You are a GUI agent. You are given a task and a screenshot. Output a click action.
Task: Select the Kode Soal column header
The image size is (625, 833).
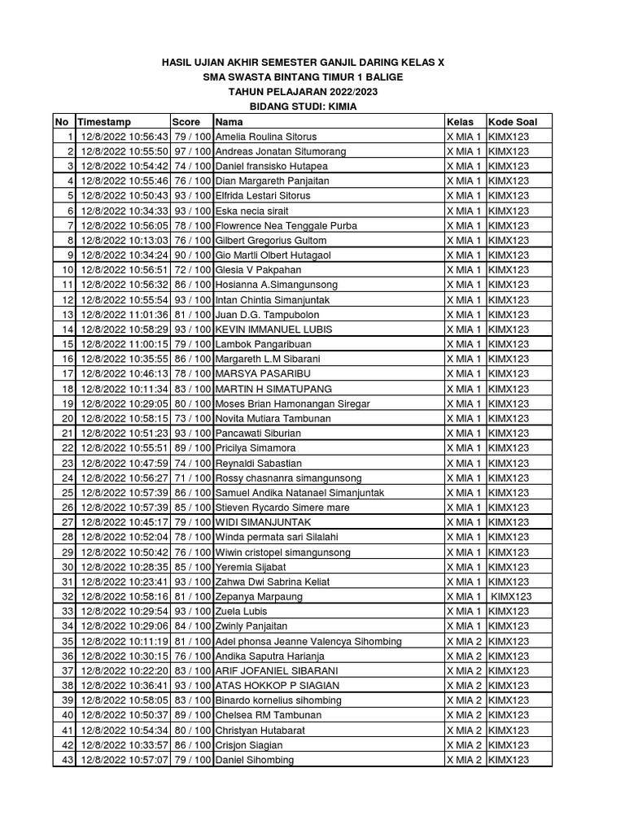click(x=512, y=122)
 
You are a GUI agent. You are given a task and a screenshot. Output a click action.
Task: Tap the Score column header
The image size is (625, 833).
click(x=186, y=122)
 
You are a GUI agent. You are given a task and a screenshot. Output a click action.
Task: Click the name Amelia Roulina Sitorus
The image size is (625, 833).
click(x=265, y=137)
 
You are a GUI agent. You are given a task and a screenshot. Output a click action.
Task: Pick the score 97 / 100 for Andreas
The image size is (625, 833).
click(x=192, y=151)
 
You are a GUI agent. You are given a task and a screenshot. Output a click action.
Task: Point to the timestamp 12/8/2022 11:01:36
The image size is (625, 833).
click(x=125, y=315)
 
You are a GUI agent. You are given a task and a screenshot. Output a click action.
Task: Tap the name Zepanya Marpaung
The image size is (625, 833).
click(x=259, y=596)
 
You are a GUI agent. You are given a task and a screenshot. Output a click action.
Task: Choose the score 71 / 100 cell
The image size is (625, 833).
click(x=192, y=478)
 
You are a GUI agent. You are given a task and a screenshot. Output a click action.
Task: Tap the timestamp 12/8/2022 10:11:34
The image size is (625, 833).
click(x=125, y=389)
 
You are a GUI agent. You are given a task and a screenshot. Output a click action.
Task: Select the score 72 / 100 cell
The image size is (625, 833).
click(x=192, y=270)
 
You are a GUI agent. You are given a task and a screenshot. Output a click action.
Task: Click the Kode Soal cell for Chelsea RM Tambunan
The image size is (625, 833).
click(x=509, y=715)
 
